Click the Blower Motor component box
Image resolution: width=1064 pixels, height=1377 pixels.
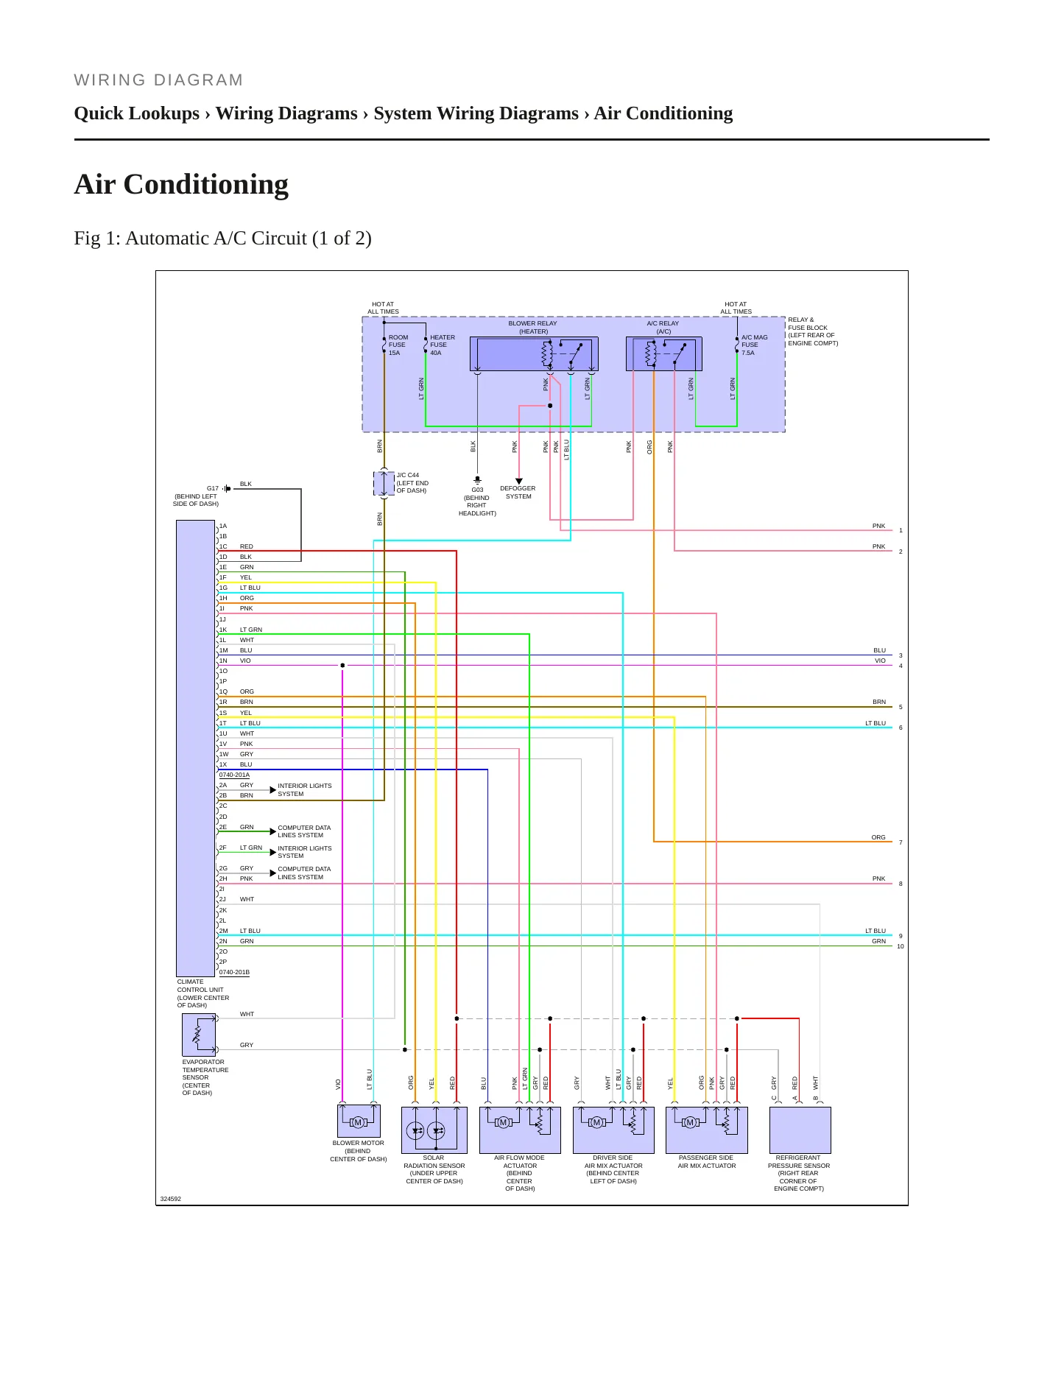pyautogui.click(x=359, y=1121)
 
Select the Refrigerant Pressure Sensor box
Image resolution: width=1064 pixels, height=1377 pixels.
pyautogui.click(x=800, y=1130)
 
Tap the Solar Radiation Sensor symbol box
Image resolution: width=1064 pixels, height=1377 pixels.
pyautogui.click(x=434, y=1130)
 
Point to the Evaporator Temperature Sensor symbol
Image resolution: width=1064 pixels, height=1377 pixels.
pyautogui.click(x=199, y=1035)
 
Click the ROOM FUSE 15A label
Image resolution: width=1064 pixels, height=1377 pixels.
pyautogui.click(x=398, y=345)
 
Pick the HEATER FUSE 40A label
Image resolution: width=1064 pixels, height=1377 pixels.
pyautogui.click(x=442, y=345)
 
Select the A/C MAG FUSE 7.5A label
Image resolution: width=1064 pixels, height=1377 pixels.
pyautogui.click(x=754, y=345)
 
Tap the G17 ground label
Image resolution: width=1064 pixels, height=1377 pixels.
pyautogui.click(x=212, y=488)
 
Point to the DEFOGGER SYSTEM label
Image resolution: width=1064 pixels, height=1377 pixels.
pyautogui.click(x=518, y=492)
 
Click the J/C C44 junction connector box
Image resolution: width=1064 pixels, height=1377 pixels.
pyautogui.click(x=384, y=484)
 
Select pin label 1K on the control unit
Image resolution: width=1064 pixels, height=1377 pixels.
pyautogui.click(x=223, y=630)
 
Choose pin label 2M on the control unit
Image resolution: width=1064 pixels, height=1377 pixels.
pyautogui.click(x=223, y=931)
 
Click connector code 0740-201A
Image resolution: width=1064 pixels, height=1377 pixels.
pyautogui.click(x=234, y=775)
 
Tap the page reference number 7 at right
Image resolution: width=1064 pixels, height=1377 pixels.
pyautogui.click(x=901, y=842)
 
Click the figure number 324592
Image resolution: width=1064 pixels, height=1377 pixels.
pyautogui.click(x=171, y=1199)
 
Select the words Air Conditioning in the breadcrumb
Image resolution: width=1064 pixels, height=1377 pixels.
pyautogui.click(x=663, y=113)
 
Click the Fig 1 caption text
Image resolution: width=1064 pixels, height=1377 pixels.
pyautogui.click(x=222, y=239)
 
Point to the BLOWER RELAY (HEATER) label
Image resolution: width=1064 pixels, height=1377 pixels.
pyautogui.click(x=533, y=327)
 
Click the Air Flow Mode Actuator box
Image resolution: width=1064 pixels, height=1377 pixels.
pyautogui.click(x=520, y=1130)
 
